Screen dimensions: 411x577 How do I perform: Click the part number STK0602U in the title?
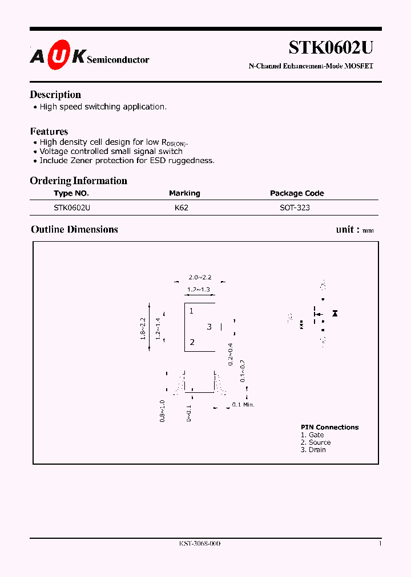(x=331, y=47)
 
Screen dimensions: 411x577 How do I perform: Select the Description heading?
(x=55, y=95)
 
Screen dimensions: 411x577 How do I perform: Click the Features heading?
(x=49, y=131)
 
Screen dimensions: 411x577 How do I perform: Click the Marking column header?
(x=184, y=193)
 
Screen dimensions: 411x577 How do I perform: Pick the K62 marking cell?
(x=182, y=208)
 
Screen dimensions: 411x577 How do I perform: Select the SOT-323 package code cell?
(x=295, y=208)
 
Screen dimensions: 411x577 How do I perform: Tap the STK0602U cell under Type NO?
(x=72, y=208)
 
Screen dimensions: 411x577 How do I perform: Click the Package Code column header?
(x=297, y=193)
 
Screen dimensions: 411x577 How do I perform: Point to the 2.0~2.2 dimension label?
(x=200, y=277)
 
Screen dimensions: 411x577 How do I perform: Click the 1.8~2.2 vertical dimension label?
(x=143, y=328)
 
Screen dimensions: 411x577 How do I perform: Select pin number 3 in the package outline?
(x=209, y=327)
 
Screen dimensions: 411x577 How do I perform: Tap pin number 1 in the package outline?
(x=192, y=311)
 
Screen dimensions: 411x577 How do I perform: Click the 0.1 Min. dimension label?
(x=243, y=404)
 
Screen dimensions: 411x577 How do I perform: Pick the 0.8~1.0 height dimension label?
(x=163, y=411)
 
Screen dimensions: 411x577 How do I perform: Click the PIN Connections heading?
(x=330, y=427)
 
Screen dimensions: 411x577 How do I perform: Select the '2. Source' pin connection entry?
(x=316, y=442)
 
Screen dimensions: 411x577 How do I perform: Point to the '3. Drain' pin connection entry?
(x=313, y=450)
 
